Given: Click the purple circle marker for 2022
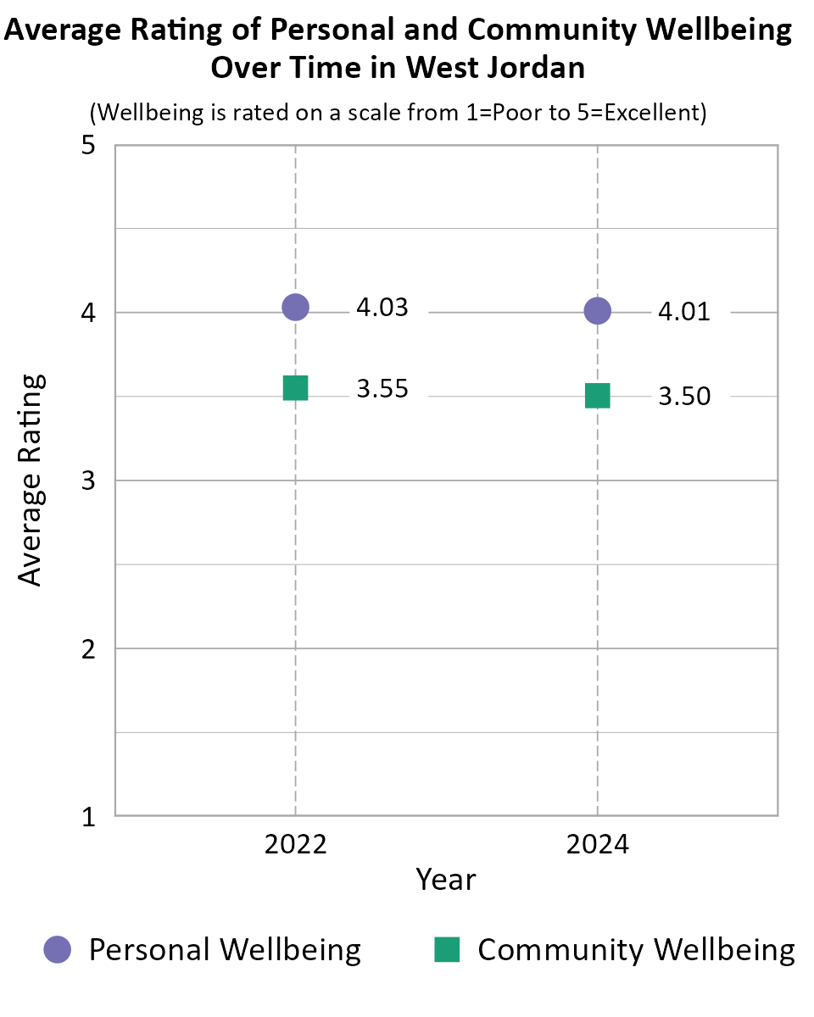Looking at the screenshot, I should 295,307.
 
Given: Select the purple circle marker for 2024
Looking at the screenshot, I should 598,311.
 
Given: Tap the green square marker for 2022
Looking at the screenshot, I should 295,388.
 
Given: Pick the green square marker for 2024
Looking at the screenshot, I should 598,396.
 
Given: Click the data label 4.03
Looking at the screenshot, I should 382,308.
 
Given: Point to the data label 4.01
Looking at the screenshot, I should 684,313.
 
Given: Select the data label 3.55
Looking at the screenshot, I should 382,389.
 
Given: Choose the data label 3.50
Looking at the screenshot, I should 684,397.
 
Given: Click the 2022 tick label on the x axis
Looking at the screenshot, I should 295,845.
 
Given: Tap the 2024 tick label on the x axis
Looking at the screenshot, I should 598,845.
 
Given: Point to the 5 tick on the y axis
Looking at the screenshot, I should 87,146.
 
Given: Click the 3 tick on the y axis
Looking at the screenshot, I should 87,481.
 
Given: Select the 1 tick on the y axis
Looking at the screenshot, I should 87,817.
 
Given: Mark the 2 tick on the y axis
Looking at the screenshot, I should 87,649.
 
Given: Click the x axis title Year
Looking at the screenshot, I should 446,880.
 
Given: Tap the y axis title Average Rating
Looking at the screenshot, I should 31,480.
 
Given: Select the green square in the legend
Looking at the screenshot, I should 447,950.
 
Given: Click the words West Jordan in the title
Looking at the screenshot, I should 496,68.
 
